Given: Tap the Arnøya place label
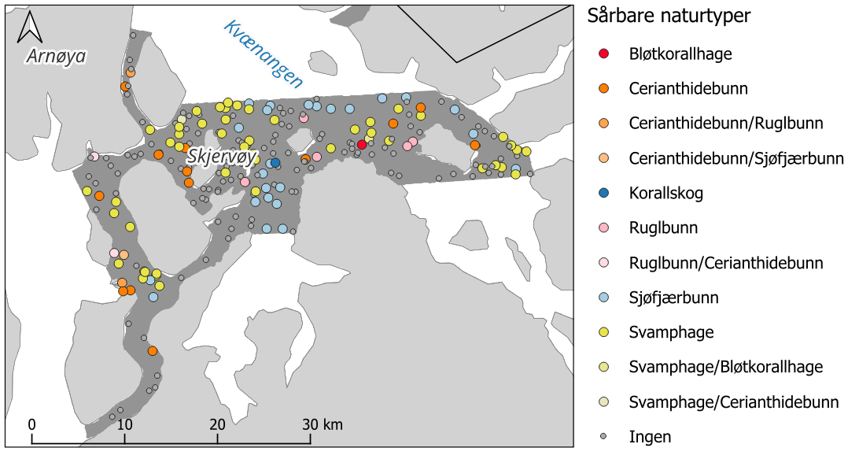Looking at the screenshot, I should pos(55,56).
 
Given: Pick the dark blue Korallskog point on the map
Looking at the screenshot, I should pos(275,163).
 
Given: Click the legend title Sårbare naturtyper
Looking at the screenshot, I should pos(670,16).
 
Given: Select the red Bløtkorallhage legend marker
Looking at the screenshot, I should pos(603,54).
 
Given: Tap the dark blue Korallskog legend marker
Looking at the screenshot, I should pos(603,193).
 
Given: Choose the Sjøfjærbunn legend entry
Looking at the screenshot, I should pos(674,298).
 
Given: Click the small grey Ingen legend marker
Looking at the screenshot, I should pos(603,436).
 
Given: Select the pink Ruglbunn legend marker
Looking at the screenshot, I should pos(603,228).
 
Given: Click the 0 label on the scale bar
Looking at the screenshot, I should pos(32,424).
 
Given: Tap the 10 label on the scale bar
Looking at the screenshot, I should pos(124,424).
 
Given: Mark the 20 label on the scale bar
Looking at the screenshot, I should pos(217,424).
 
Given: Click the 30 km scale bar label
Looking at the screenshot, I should pos(323,424).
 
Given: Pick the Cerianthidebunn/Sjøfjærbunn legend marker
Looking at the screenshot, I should pos(603,158).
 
